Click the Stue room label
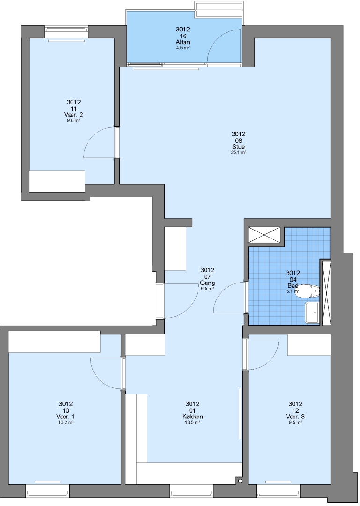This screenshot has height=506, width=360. click(x=238, y=147)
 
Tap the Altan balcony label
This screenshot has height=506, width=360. click(x=183, y=42)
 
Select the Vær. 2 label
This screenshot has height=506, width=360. click(x=73, y=115)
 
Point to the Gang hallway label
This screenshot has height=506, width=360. click(x=207, y=283)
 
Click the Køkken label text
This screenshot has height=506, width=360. click(x=192, y=417)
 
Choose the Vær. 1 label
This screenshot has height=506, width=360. click(x=66, y=417)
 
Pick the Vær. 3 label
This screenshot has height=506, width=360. click(x=295, y=417)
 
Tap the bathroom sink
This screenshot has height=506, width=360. click(x=312, y=313)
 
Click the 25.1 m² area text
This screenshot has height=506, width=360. click(x=239, y=153)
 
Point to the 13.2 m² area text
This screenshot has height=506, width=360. click(x=66, y=422)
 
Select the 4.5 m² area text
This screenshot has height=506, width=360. click(x=183, y=48)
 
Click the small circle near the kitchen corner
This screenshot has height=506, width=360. click(x=240, y=481)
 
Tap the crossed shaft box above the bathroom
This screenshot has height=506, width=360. click(x=264, y=235)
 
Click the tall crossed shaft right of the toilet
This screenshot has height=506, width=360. click(x=326, y=292)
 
